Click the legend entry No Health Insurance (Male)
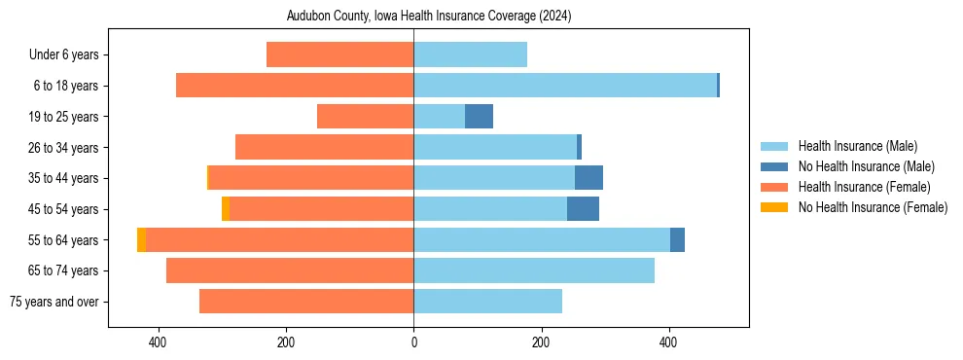pyautogui.click(x=866, y=166)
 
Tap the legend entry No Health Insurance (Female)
pyautogui.click(x=873, y=207)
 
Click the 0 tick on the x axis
pyautogui.click(x=413, y=342)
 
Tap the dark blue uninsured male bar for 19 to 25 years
pyautogui.click(x=479, y=117)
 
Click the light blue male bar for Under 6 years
pyautogui.click(x=470, y=54)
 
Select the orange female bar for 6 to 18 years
pyautogui.click(x=295, y=86)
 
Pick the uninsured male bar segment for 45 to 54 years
pyautogui.click(x=583, y=209)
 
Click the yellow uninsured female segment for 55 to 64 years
pyautogui.click(x=141, y=239)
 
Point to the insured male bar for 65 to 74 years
pyautogui.click(x=534, y=270)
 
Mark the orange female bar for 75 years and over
pyautogui.click(x=306, y=302)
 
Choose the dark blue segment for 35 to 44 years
pyautogui.click(x=588, y=178)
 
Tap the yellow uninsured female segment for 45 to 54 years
pyautogui.click(x=226, y=209)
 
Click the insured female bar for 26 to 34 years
pyautogui.click(x=324, y=147)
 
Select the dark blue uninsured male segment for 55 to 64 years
pyautogui.click(x=677, y=239)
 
